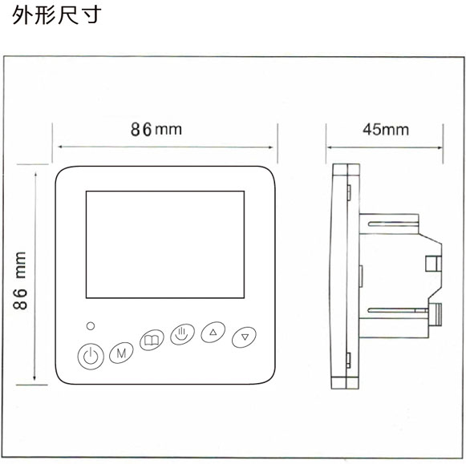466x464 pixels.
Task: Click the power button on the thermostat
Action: click(x=91, y=356)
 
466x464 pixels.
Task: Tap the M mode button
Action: click(x=121, y=353)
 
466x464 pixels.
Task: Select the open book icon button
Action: click(x=152, y=340)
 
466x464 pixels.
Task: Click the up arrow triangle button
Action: click(x=213, y=333)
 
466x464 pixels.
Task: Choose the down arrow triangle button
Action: click(x=244, y=337)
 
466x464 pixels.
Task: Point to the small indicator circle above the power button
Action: click(x=91, y=326)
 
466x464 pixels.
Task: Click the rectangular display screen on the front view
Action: click(x=165, y=244)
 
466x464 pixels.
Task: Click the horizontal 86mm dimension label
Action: click(x=156, y=130)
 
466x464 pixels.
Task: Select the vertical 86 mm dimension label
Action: click(x=20, y=280)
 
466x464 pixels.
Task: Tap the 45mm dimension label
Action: click(x=386, y=130)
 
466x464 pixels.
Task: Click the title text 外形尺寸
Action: click(x=56, y=14)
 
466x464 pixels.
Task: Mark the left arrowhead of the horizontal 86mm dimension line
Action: click(x=60, y=147)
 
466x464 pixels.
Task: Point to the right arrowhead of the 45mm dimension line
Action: click(x=440, y=147)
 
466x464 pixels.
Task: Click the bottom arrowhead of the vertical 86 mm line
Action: click(x=34, y=378)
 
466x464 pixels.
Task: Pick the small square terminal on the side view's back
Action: click(x=433, y=264)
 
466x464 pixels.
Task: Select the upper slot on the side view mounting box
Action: click(x=391, y=224)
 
